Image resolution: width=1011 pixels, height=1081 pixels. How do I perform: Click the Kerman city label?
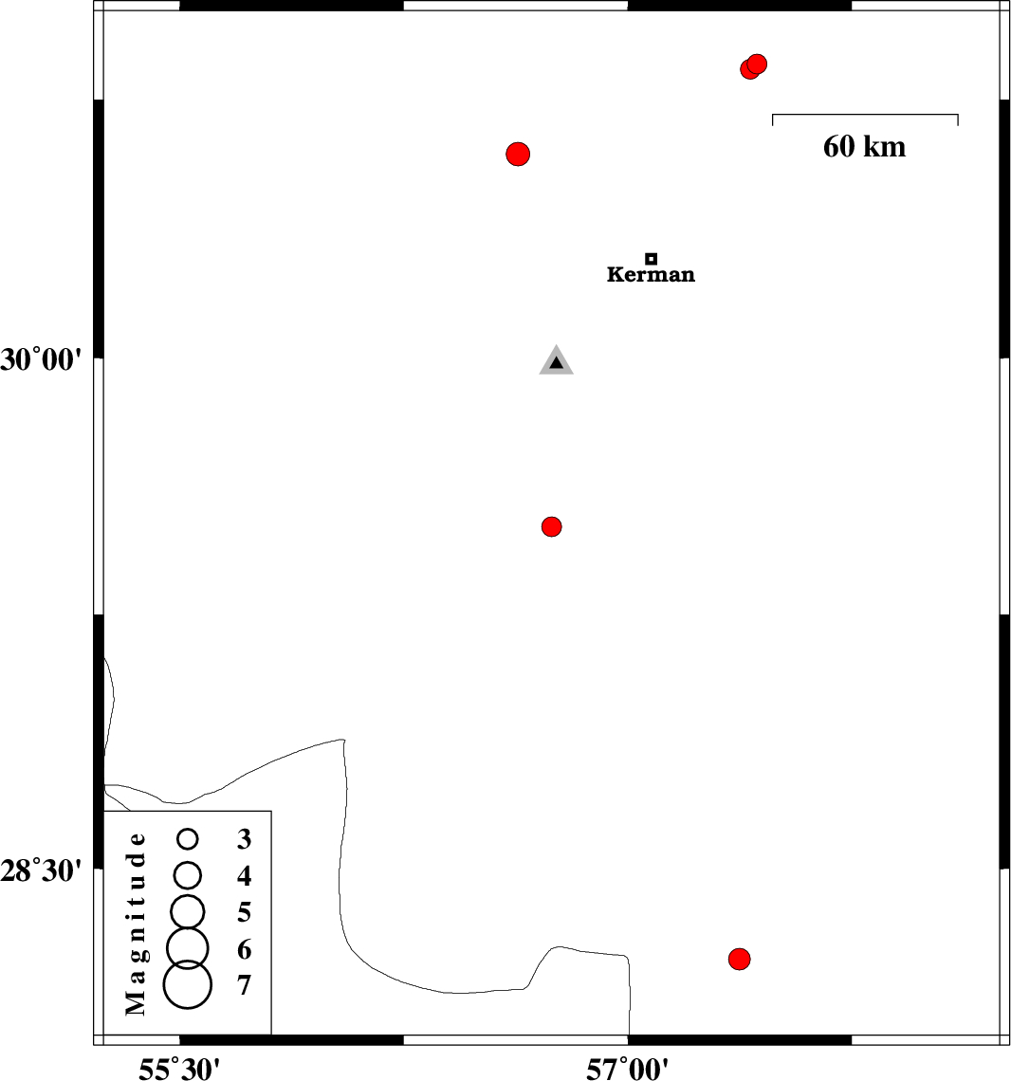point(651,274)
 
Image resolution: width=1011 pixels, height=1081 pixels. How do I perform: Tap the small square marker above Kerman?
point(651,259)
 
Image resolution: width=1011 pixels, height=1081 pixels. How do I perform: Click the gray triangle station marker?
point(557,360)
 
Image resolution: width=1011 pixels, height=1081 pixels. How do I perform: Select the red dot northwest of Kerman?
point(518,154)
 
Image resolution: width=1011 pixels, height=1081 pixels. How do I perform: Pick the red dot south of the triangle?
point(552,526)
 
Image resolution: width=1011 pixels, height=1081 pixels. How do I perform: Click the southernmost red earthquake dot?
point(740,959)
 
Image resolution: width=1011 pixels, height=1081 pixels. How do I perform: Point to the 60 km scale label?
point(864,147)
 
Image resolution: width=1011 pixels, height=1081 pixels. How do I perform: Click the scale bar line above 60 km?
point(865,115)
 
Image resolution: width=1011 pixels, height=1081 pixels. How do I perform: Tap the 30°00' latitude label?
point(41,360)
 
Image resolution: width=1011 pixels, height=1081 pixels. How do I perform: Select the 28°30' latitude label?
point(41,870)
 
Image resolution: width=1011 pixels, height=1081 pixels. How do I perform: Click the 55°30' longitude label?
point(179,1069)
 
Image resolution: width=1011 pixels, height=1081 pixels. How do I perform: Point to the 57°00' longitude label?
point(627,1069)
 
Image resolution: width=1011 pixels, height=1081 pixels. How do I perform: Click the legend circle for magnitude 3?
point(188,839)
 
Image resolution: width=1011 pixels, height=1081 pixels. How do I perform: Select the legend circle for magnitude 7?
point(188,985)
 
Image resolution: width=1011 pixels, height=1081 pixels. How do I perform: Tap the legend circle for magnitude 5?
point(188,912)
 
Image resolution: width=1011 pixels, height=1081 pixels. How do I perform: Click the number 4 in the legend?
point(244,875)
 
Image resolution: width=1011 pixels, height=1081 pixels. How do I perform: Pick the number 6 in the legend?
point(244,949)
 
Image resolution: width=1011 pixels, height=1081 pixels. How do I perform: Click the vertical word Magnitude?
point(136,924)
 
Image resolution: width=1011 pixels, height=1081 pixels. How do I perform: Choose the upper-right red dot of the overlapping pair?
point(757,64)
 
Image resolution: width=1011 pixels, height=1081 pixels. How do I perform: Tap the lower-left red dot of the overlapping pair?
point(749,69)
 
